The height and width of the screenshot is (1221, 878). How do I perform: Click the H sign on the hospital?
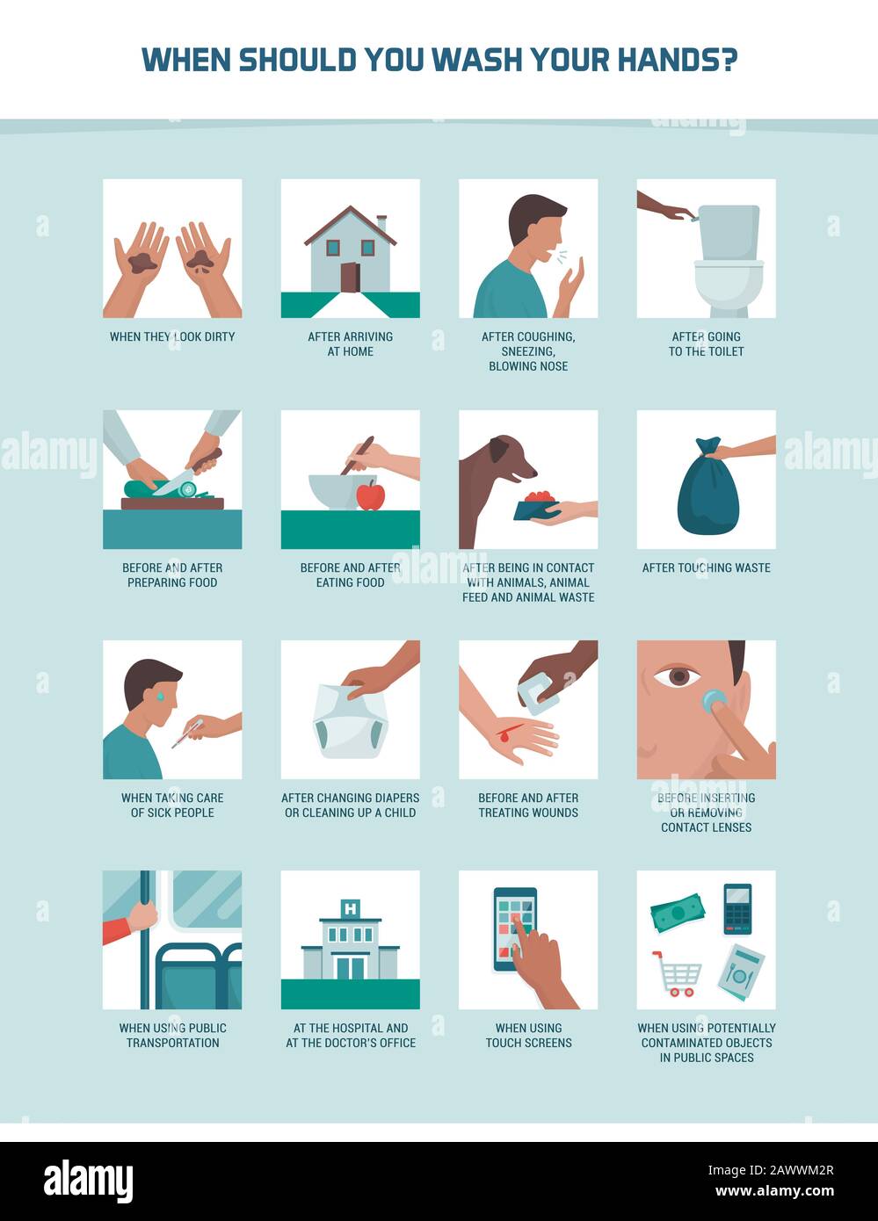351,908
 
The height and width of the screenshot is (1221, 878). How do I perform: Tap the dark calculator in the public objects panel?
737,908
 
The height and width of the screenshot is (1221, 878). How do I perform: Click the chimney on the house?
381,223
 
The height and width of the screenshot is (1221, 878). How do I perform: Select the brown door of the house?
350,278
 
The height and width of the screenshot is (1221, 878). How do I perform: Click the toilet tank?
729,233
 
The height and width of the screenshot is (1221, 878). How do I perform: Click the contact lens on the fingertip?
714,700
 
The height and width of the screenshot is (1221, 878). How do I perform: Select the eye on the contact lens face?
678,676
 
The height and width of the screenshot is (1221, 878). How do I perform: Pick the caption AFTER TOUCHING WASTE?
707,567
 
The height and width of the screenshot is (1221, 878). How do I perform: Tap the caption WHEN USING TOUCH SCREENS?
528,1035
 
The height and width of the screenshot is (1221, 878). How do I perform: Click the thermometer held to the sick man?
187,733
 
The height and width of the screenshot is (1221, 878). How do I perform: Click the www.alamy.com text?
774,1191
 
